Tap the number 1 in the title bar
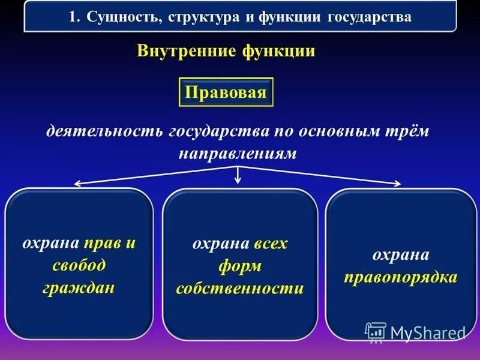pyautogui.click(x=73, y=17)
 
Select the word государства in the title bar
pyautogui.click(x=370, y=17)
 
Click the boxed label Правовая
pyautogui.click(x=226, y=92)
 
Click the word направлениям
pyautogui.click(x=238, y=154)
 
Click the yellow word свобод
pyautogui.click(x=79, y=265)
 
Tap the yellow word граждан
pyautogui.click(x=79, y=287)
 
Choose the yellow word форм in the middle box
pyautogui.click(x=239, y=266)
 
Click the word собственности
pyautogui.click(x=239, y=288)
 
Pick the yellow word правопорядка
pyautogui.click(x=401, y=277)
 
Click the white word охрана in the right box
pyautogui.click(x=401, y=254)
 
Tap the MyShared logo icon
pyautogui.click(x=376, y=332)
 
